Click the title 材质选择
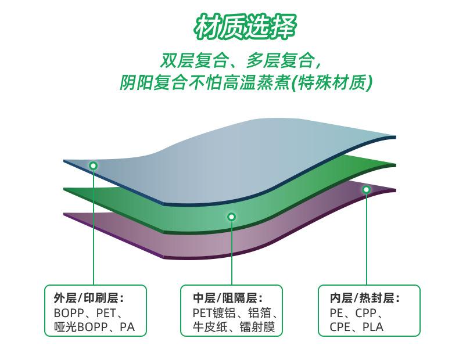[245, 26]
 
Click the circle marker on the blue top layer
[93, 165]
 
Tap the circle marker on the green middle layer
[231, 217]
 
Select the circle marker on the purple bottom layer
[367, 189]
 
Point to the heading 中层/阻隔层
[228, 298]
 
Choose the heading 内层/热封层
[365, 298]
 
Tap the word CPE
[341, 327]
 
